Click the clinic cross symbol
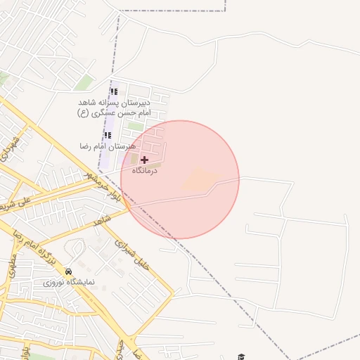point(145,160)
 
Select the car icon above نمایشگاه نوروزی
point(68,271)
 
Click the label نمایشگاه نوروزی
point(69,282)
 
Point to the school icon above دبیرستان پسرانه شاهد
point(114,91)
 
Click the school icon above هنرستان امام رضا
point(108,135)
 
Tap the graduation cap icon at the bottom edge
point(241,356)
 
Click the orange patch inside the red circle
point(200,179)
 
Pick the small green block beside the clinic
point(134,160)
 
